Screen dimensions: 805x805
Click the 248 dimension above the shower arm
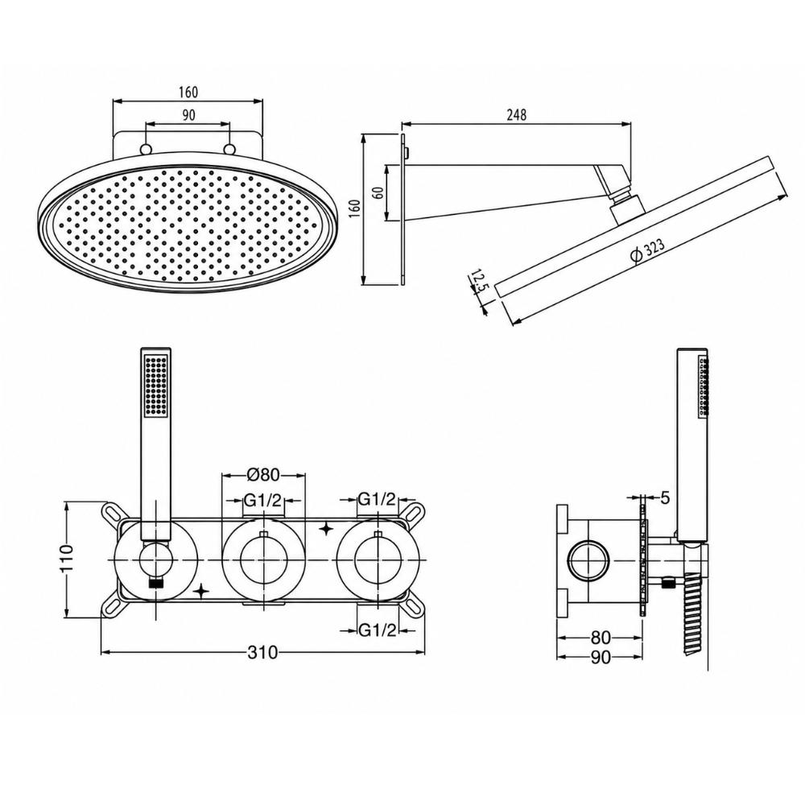click(x=517, y=114)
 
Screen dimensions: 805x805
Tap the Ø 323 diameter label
click(x=647, y=250)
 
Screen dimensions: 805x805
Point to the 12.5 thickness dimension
click(x=476, y=283)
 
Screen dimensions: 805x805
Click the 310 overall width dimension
click(x=262, y=653)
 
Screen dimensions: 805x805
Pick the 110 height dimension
click(x=67, y=558)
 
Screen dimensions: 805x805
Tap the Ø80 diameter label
click(x=263, y=475)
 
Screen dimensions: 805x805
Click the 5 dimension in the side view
click(x=666, y=497)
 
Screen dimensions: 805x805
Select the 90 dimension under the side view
click(x=601, y=658)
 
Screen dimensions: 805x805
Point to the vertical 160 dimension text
click(x=355, y=208)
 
